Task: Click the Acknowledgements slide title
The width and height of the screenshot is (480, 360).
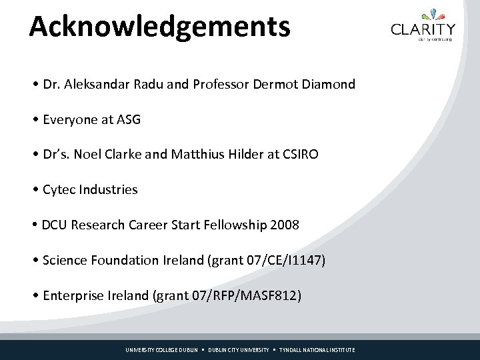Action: pyautogui.click(x=160, y=27)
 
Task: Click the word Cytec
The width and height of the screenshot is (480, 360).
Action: pyautogui.click(x=59, y=190)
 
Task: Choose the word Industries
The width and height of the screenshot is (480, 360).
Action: pyautogui.click(x=108, y=190)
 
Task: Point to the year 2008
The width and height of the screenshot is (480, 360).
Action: pyautogui.click(x=285, y=225)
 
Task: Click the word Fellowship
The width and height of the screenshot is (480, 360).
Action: pyautogui.click(x=235, y=225)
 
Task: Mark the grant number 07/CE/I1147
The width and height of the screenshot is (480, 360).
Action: pyautogui.click(x=287, y=260)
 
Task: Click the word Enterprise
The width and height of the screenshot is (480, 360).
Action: pyautogui.click(x=73, y=295)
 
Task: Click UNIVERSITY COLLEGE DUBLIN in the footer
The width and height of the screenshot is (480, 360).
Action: pyautogui.click(x=162, y=350)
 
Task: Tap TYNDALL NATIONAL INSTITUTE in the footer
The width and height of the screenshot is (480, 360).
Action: pyautogui.click(x=317, y=350)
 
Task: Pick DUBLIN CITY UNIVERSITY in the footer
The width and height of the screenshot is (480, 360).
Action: pyautogui.click(x=239, y=350)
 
